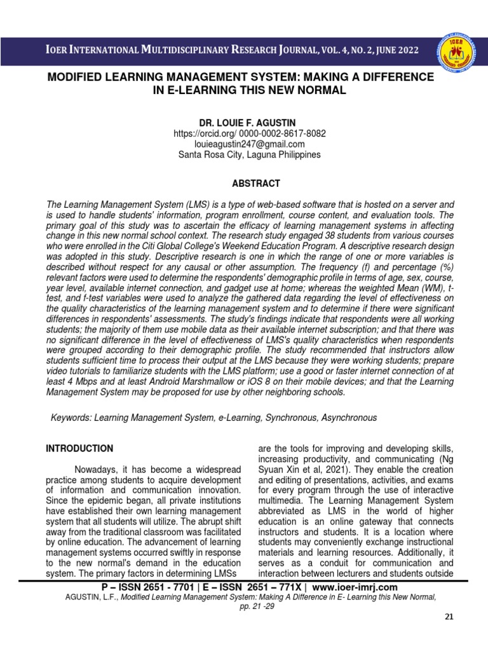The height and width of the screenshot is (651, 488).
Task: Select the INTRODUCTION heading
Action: coord(79,448)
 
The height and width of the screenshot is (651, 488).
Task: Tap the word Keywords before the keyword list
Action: coord(70,418)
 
